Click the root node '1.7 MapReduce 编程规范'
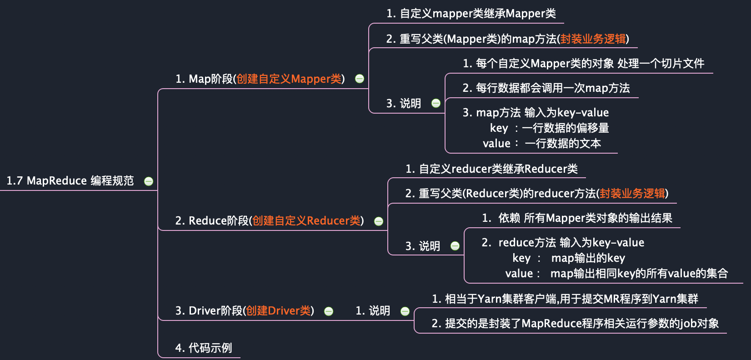tap(70, 181)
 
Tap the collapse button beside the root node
tap(149, 181)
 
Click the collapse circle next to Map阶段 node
tap(360, 79)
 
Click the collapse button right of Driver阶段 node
tap(329, 311)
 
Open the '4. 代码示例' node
tap(204, 348)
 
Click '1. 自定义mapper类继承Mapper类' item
tap(471, 14)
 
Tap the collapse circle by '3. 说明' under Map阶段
tap(436, 103)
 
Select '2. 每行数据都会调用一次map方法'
tap(546, 88)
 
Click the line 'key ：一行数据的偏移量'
tap(549, 128)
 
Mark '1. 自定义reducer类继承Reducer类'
tap(491, 169)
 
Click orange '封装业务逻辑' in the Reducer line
tap(632, 194)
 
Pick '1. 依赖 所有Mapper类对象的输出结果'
tap(577, 218)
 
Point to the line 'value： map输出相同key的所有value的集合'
tap(616, 274)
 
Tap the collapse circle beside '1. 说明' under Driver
tap(405, 311)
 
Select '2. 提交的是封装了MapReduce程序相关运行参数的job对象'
tap(575, 324)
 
